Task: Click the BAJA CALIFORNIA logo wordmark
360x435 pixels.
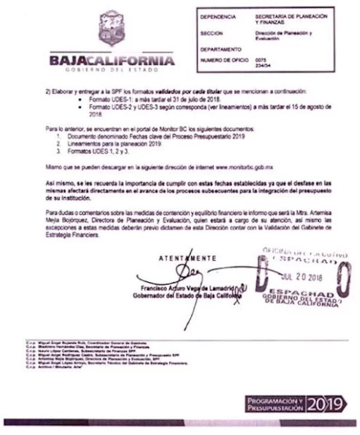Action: [112, 61]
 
